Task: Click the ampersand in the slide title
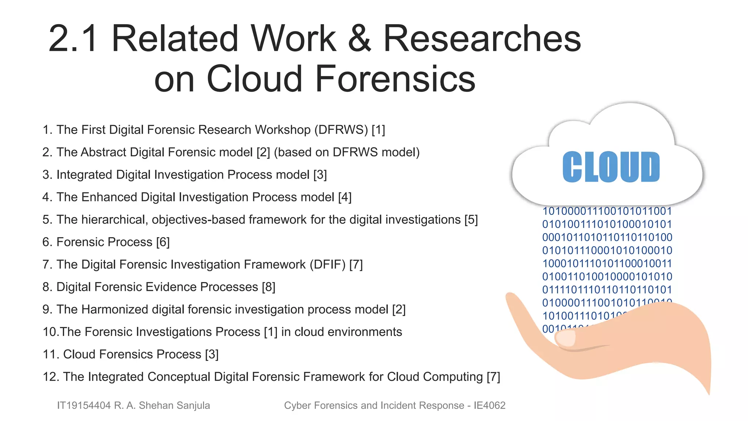coord(359,39)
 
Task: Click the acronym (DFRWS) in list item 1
coord(341,130)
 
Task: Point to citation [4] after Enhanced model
coord(345,197)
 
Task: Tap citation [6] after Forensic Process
coord(163,242)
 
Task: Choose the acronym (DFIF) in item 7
coord(328,265)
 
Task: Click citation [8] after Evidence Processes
coord(268,287)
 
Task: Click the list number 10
coord(50,332)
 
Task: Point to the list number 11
coord(50,354)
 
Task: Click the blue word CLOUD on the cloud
coord(611,167)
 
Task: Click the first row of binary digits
coord(607,211)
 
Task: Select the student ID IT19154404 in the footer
coord(84,406)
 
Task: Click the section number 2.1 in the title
coord(73,39)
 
